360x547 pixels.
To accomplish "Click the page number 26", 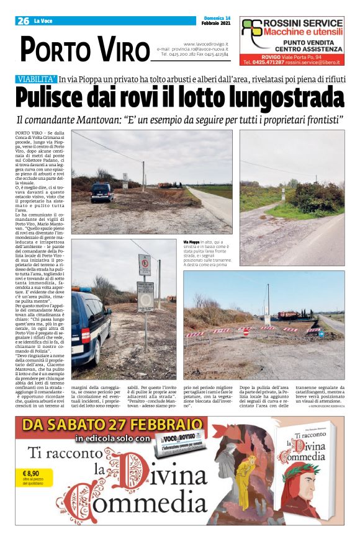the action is pos(24,20).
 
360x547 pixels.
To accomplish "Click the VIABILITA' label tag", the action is pos(37,79).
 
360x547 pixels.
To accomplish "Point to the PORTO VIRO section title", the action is pos(84,49).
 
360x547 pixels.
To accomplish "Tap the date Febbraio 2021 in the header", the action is pos(216,24).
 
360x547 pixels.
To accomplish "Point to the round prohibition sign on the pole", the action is pos(145,265).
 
